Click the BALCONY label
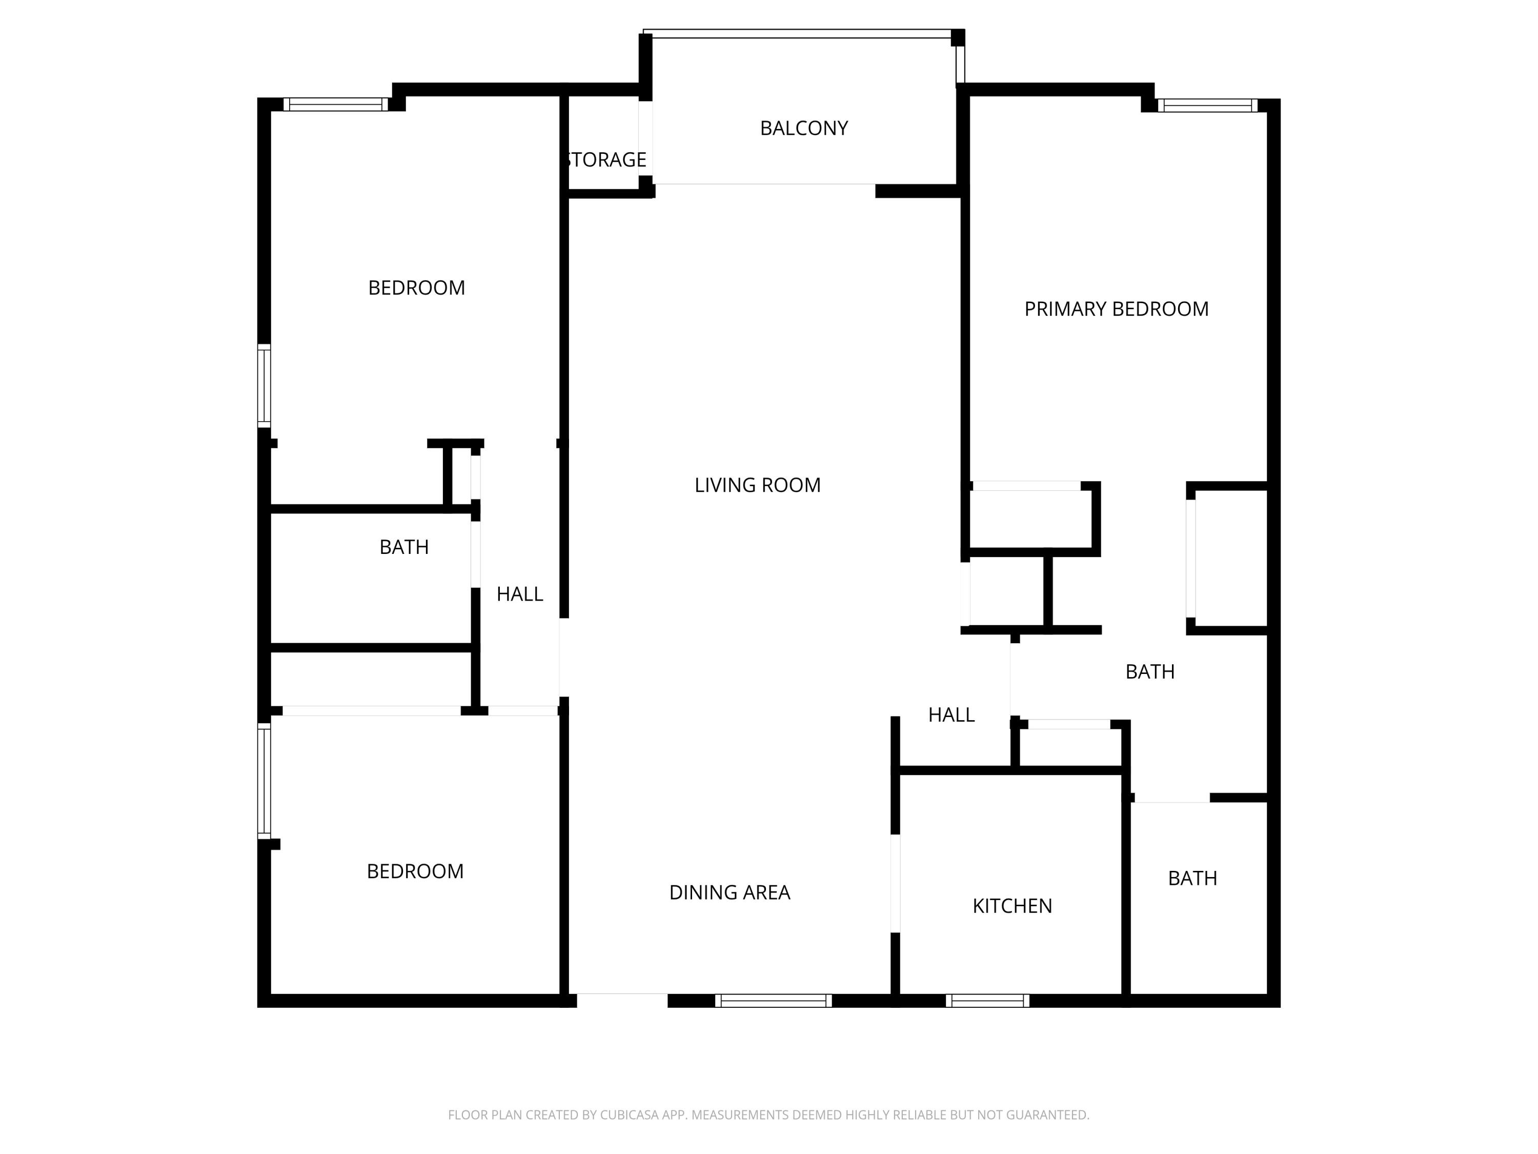point(804,128)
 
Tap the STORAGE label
point(607,160)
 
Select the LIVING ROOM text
point(757,485)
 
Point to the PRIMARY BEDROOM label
point(1116,309)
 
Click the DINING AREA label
point(730,892)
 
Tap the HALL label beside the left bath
point(519,594)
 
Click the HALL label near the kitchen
point(951,714)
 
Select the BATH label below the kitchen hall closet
point(1192,879)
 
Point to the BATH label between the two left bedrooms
point(403,547)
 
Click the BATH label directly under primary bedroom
point(1149,671)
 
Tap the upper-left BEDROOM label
point(416,288)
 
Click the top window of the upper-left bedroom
point(336,104)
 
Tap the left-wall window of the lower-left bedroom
point(264,781)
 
